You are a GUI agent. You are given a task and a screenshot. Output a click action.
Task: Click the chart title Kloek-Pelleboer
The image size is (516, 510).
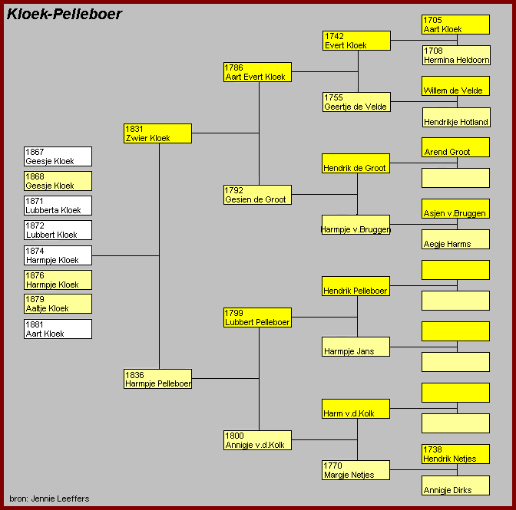tap(64, 14)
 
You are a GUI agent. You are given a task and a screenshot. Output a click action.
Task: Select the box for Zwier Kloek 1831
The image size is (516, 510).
tap(157, 133)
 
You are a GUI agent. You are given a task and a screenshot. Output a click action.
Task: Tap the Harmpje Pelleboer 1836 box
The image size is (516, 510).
tap(157, 379)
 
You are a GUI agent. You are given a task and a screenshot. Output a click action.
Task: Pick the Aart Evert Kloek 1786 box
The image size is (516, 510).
tap(257, 72)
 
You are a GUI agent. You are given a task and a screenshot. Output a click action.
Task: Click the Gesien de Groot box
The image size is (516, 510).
tap(257, 195)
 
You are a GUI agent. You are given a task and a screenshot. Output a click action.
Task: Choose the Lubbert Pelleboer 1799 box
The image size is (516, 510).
tap(257, 318)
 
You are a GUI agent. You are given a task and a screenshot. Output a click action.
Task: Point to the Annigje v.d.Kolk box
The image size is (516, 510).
tap(257, 440)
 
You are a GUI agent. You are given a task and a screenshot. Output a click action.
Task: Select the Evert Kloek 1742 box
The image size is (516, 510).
tap(357, 41)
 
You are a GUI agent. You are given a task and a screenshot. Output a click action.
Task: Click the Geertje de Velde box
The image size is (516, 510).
tap(357, 102)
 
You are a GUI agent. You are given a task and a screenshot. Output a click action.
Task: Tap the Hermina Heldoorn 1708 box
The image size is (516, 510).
tap(456, 55)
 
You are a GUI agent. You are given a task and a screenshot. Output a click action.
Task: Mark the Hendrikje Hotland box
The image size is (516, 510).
tap(456, 117)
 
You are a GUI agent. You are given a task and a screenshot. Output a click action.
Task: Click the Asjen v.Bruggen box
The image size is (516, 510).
tap(456, 209)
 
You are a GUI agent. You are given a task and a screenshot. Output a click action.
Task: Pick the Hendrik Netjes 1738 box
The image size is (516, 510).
tap(456, 454)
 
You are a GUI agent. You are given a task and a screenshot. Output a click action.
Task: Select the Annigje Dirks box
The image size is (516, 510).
tap(456, 485)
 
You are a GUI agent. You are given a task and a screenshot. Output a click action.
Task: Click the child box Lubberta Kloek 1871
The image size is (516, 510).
tap(58, 206)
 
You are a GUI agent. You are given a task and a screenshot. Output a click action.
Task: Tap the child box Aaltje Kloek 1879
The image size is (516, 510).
tap(58, 304)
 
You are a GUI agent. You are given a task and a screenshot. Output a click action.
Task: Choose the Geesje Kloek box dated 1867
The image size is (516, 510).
tap(58, 156)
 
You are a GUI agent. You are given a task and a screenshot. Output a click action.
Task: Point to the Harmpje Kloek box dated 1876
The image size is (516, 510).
tap(58, 280)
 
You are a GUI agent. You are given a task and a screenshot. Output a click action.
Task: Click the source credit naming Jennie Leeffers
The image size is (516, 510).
tap(49, 498)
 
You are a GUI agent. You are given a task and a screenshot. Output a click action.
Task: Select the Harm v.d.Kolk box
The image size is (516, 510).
tap(356, 409)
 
